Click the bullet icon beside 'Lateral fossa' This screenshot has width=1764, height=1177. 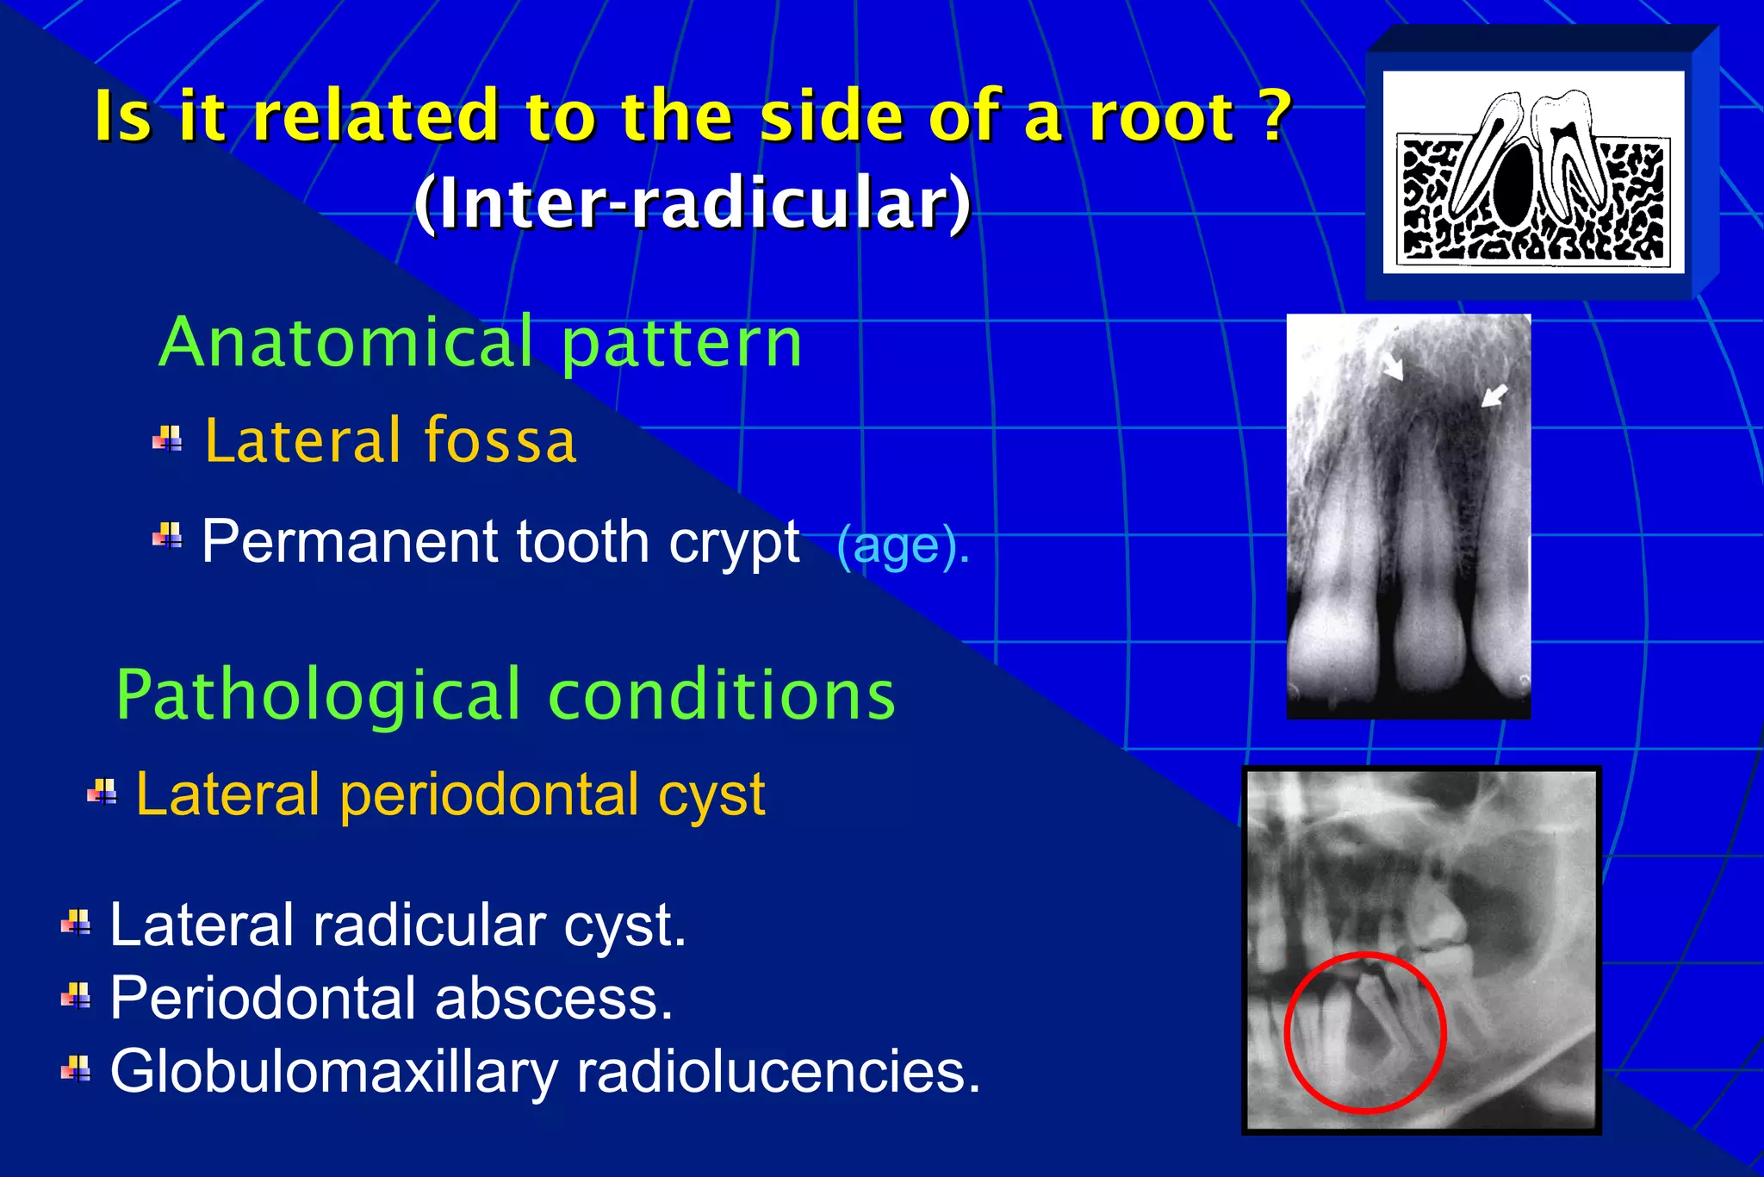[167, 439]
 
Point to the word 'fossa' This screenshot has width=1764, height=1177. [500, 440]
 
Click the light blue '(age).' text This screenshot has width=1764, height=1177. [904, 546]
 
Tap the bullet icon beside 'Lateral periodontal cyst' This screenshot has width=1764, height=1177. [102, 792]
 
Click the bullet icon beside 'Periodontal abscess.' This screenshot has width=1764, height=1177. [76, 997]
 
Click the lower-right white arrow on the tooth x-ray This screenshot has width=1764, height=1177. [1494, 395]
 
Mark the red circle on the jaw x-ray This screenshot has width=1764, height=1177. [1289, 1034]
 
